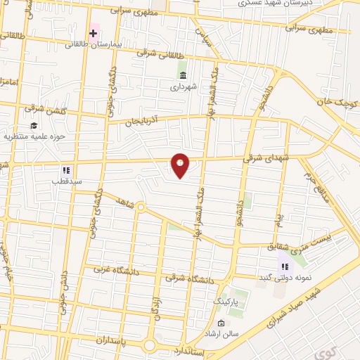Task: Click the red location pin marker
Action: (181, 165)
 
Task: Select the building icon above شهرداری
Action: (183, 75)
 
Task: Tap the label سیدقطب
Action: (66, 181)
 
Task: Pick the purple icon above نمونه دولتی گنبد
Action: (285, 266)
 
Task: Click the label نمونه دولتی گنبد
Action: (285, 278)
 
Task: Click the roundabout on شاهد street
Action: (141, 208)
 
